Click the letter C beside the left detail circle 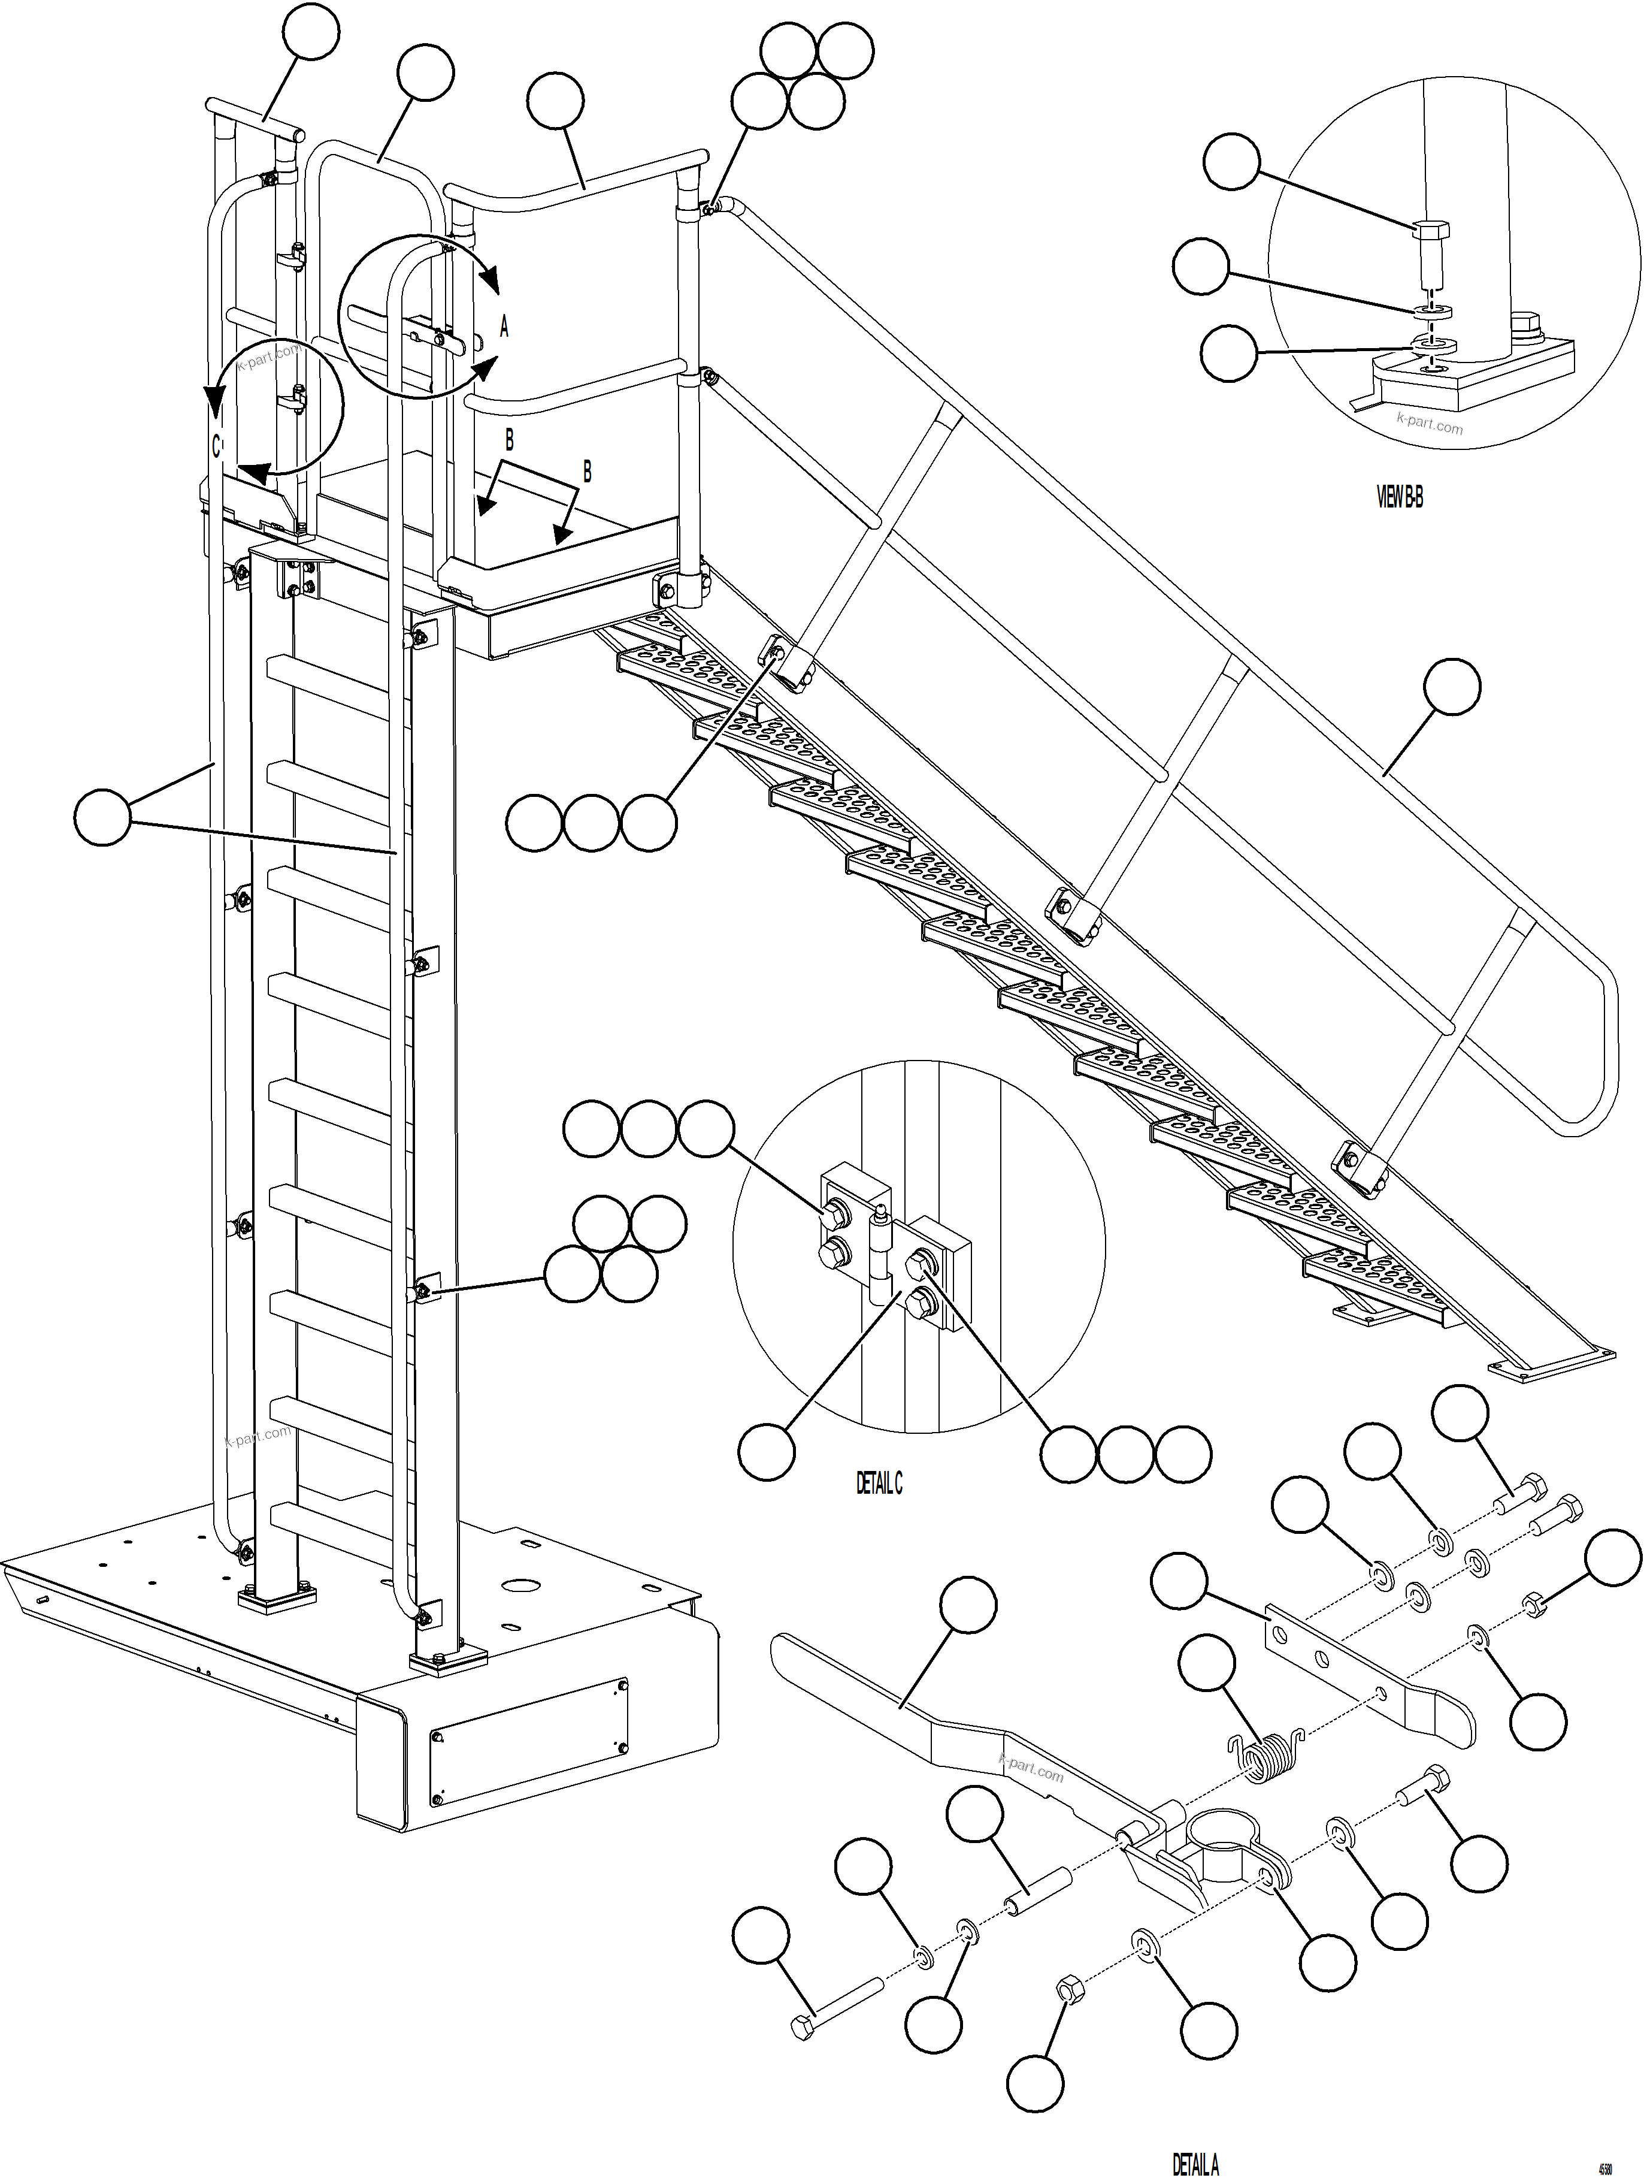coord(217,446)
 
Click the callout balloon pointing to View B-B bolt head coord(1232,163)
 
